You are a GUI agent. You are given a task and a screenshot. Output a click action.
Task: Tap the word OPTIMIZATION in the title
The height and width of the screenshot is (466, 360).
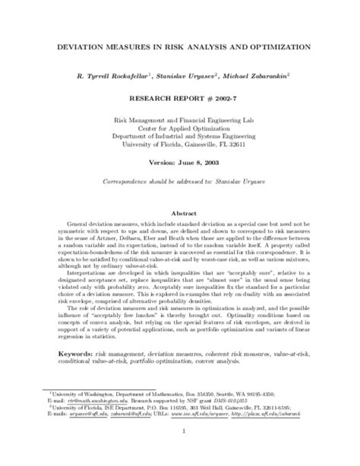(x=270, y=46)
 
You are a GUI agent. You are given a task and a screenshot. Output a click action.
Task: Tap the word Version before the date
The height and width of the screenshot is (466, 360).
(x=160, y=163)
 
